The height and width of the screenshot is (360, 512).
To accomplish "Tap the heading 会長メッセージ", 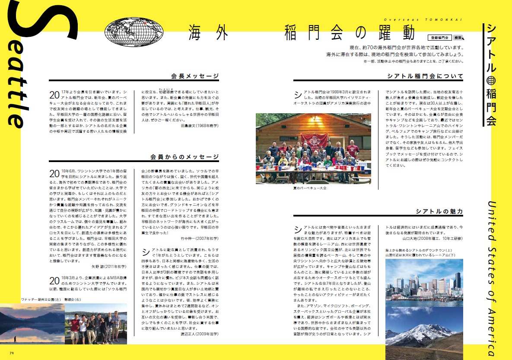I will pyautogui.click(x=195, y=76).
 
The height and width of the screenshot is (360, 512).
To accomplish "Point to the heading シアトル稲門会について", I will pyautogui.click(x=425, y=76).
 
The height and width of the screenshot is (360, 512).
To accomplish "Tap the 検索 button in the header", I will pyautogui.click(x=458, y=38).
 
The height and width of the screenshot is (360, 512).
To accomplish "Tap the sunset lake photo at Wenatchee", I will pyautogui.click(x=31, y=324).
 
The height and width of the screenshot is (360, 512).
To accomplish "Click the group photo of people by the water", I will pyautogui.click(x=96, y=324).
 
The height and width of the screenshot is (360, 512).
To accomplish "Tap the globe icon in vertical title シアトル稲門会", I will pyautogui.click(x=491, y=80).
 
